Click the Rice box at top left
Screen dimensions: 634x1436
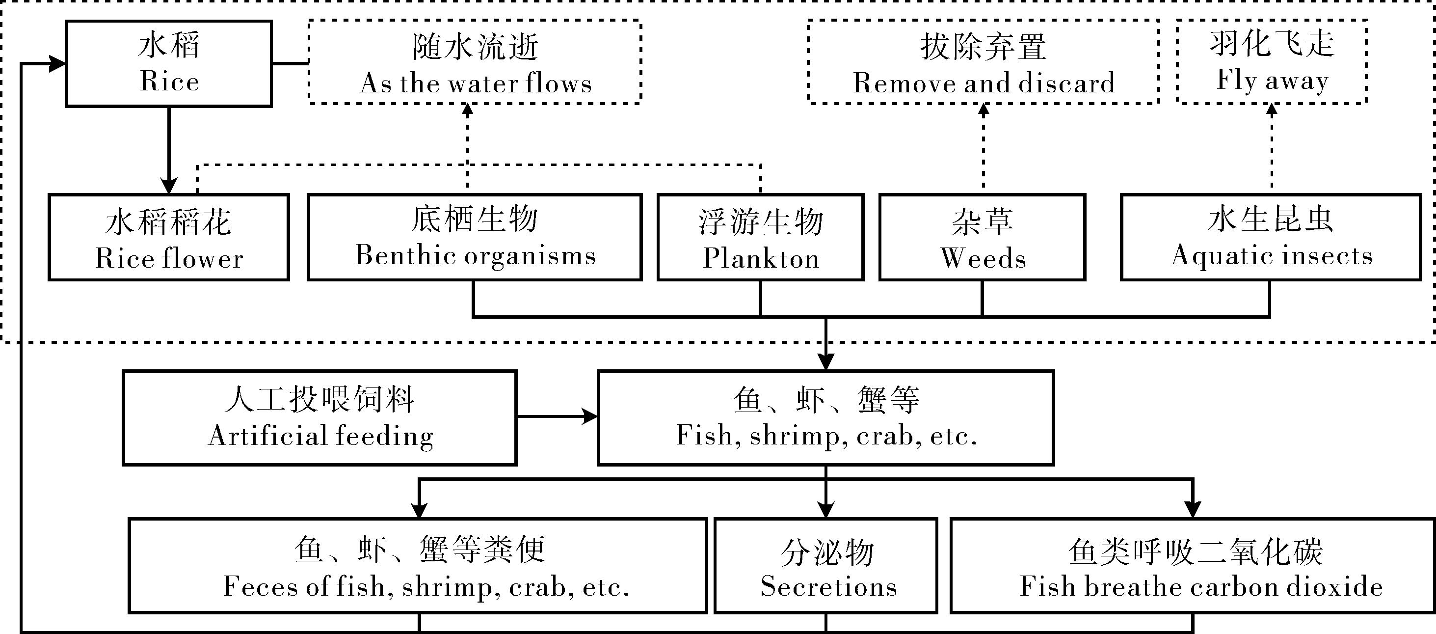pyautogui.click(x=169, y=63)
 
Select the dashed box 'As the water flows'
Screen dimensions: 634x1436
pyautogui.click(x=475, y=62)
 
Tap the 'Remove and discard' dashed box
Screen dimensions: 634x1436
pyautogui.click(x=984, y=62)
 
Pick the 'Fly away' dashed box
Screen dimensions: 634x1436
pyautogui.click(x=1272, y=62)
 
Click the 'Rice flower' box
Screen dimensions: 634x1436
pyautogui.click(x=168, y=237)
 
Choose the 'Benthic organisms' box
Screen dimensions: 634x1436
pyautogui.click(x=475, y=237)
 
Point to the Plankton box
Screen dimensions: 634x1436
pyautogui.click(x=760, y=237)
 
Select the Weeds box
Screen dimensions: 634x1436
pyautogui.click(x=982, y=237)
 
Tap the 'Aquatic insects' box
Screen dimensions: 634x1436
pyautogui.click(x=1271, y=237)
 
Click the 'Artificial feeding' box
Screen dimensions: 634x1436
pyautogui.click(x=319, y=417)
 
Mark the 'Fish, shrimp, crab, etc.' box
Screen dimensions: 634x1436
pyautogui.click(x=825, y=417)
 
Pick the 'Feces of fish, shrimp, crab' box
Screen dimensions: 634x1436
pyautogui.click(x=418, y=566)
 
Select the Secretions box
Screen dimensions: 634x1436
pyautogui.click(x=825, y=566)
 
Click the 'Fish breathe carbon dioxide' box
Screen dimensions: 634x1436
pyautogui.click(x=1193, y=566)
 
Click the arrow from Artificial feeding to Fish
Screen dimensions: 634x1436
pyautogui.click(x=558, y=416)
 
